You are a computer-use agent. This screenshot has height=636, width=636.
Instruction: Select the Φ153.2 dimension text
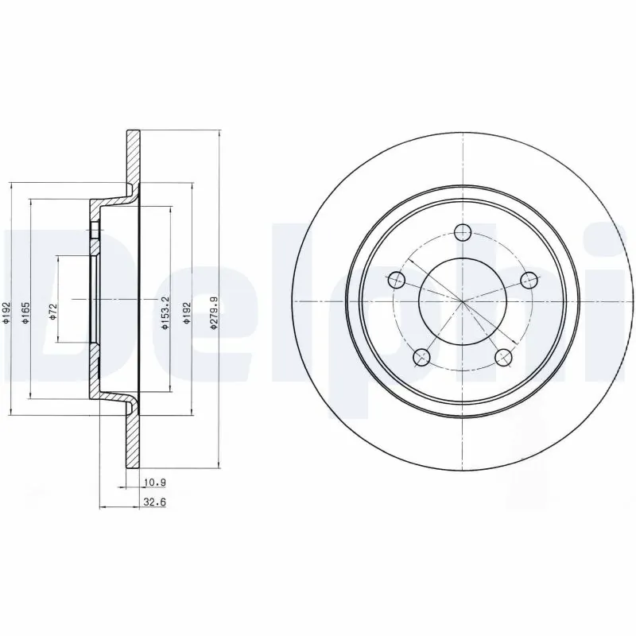point(165,312)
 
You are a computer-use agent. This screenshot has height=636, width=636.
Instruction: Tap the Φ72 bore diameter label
point(52,311)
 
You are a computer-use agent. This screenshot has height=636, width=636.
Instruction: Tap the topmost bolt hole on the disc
point(463,232)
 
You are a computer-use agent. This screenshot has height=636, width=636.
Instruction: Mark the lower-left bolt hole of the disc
point(422,356)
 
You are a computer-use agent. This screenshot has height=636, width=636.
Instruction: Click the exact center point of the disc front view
point(463,301)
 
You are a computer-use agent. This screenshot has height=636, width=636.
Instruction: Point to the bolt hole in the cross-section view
point(95,231)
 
